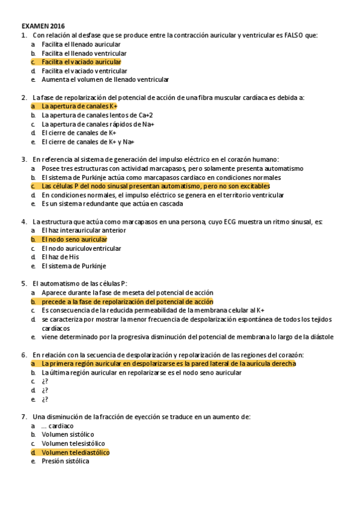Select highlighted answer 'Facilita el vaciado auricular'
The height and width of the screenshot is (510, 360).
tap(81, 62)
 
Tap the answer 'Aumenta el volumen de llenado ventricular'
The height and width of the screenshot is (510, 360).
tap(105, 79)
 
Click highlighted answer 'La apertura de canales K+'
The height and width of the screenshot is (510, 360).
tap(79, 106)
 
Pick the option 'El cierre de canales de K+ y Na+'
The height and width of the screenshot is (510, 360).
tap(88, 141)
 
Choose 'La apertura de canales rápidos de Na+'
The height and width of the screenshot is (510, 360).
tap(98, 124)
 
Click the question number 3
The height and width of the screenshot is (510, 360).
tap(23, 159)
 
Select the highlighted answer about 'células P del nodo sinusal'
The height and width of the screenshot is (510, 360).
tap(155, 186)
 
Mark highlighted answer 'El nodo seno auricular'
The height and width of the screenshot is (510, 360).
tap(74, 239)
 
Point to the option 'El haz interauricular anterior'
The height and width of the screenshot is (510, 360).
tap(84, 230)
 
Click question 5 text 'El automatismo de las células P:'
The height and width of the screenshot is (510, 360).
tap(80, 283)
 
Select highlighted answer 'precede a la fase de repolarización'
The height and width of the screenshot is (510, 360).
tap(127, 301)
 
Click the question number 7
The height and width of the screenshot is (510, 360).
tap(23, 417)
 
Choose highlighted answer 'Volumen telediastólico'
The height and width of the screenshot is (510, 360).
tap(75, 452)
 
